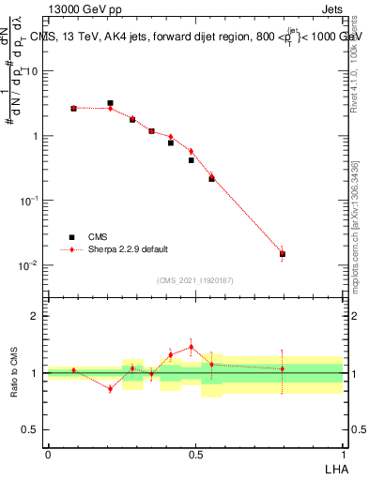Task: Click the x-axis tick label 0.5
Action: pyautogui.click(x=195, y=454)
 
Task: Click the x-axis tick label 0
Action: pyautogui.click(x=48, y=454)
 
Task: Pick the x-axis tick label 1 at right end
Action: pyautogui.click(x=343, y=454)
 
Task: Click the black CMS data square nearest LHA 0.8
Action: pyautogui.click(x=282, y=254)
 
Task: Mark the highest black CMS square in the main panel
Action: pyautogui.click(x=110, y=103)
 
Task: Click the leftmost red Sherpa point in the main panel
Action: pyautogui.click(x=73, y=108)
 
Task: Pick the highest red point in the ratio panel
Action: pyautogui.click(x=192, y=347)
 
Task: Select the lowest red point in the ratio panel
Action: pyautogui.click(x=110, y=389)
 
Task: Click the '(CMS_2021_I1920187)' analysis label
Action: pyautogui.click(x=195, y=280)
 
